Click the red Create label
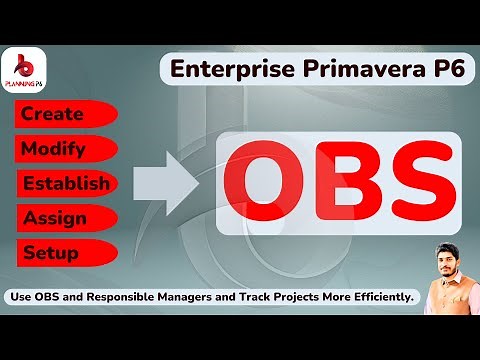[x=52, y=115]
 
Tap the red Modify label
[x=54, y=149]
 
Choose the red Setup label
[x=52, y=251]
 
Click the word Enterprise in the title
[x=222, y=71]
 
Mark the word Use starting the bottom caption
[x=22, y=297]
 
